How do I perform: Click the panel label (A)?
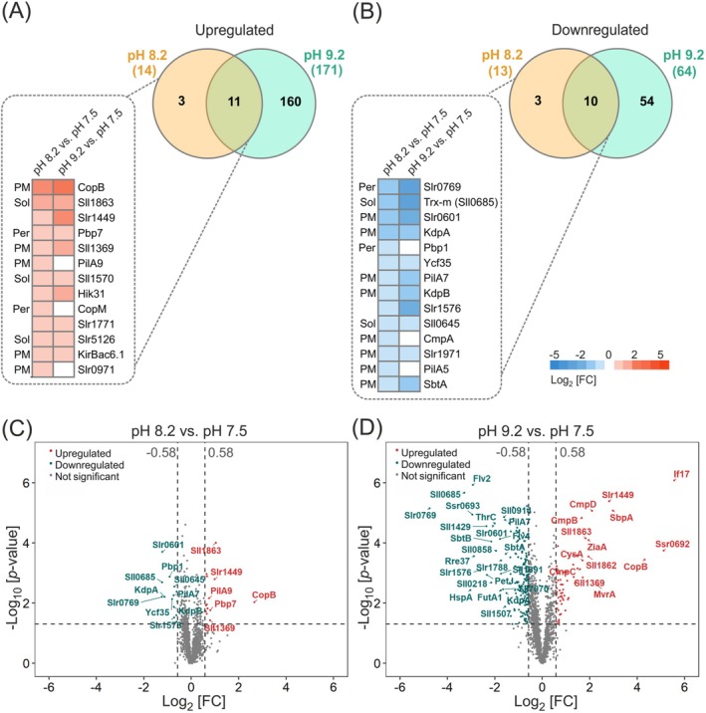tap(22, 17)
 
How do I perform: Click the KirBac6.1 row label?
tap(105, 355)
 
